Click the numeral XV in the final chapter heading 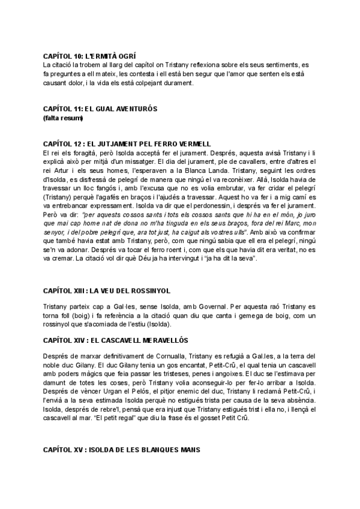[76, 450]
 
